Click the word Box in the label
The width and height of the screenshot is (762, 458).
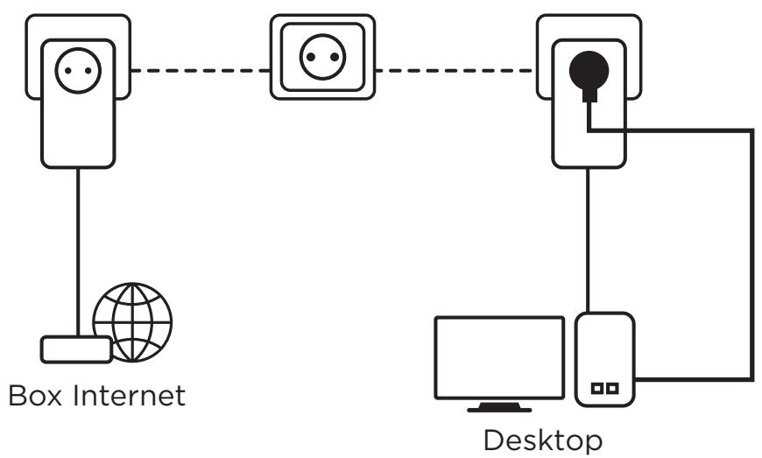[36, 395]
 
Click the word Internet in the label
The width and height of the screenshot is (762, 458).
[129, 395]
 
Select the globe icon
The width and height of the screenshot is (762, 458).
[133, 321]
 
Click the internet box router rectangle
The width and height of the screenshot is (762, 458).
[77, 349]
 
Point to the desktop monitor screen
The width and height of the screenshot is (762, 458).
[499, 357]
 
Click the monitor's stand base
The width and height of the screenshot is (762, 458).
[499, 408]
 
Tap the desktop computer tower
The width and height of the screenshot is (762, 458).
[605, 359]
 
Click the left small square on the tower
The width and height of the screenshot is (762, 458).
[596, 389]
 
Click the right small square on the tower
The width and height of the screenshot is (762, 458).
[613, 389]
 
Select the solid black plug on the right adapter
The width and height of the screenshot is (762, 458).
[589, 74]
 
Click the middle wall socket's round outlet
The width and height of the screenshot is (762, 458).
[322, 57]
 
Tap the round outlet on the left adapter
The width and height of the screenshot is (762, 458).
[78, 70]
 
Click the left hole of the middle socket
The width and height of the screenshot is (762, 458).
[311, 57]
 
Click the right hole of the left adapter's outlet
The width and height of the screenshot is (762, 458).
[88, 70]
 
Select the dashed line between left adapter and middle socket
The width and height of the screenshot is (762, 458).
[201, 71]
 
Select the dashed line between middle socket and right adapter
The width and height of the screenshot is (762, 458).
[455, 71]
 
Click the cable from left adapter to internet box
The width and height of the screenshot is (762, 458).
[78, 252]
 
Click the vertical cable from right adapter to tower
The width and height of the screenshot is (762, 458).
[588, 241]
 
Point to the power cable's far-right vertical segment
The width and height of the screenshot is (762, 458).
[751, 254]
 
